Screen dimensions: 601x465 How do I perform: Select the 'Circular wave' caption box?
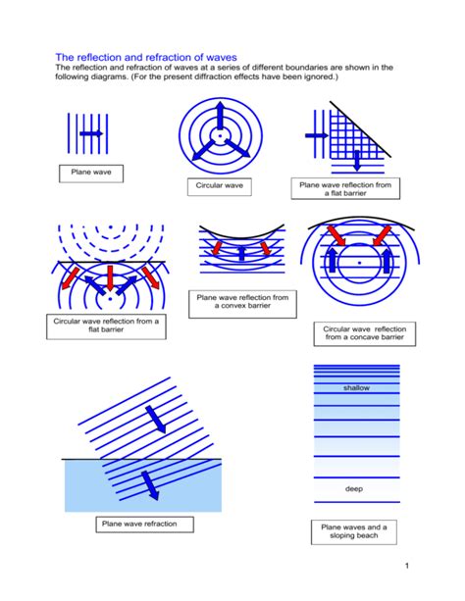click(x=220, y=184)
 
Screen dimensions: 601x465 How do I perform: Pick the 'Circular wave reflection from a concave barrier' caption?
click(x=358, y=333)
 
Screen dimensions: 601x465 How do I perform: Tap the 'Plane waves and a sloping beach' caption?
click(x=354, y=531)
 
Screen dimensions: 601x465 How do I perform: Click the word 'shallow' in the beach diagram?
click(x=355, y=388)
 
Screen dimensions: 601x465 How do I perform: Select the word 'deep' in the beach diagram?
click(x=354, y=488)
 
